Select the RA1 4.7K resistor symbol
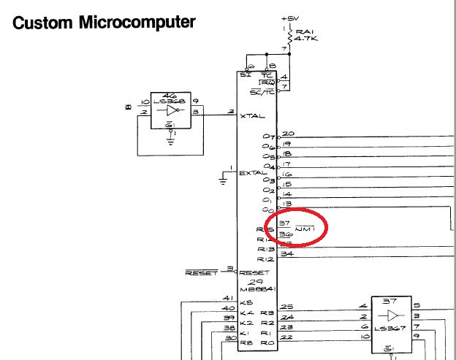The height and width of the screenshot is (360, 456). tap(290, 36)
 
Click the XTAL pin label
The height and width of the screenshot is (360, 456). tap(253, 117)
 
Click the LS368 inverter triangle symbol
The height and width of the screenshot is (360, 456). tap(172, 111)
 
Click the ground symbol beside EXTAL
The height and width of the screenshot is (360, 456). tap(224, 175)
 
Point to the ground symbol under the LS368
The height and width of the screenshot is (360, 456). tap(171, 139)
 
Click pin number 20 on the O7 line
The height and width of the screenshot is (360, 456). tap(288, 134)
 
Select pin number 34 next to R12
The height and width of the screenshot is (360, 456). tap(287, 254)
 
